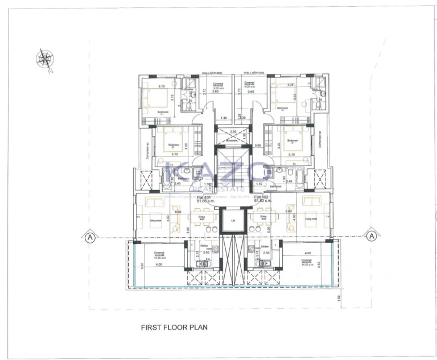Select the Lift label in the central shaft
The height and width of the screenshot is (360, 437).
pos(232,220)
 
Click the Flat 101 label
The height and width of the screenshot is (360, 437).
pos(204,197)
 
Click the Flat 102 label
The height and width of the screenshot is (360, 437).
pos(261,197)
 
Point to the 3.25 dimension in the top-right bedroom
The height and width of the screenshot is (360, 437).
pos(291,85)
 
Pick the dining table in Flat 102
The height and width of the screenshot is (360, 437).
pos(262,219)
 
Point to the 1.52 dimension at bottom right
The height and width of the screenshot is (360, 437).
pos(337,297)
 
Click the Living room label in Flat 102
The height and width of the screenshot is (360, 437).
pos(311,218)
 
